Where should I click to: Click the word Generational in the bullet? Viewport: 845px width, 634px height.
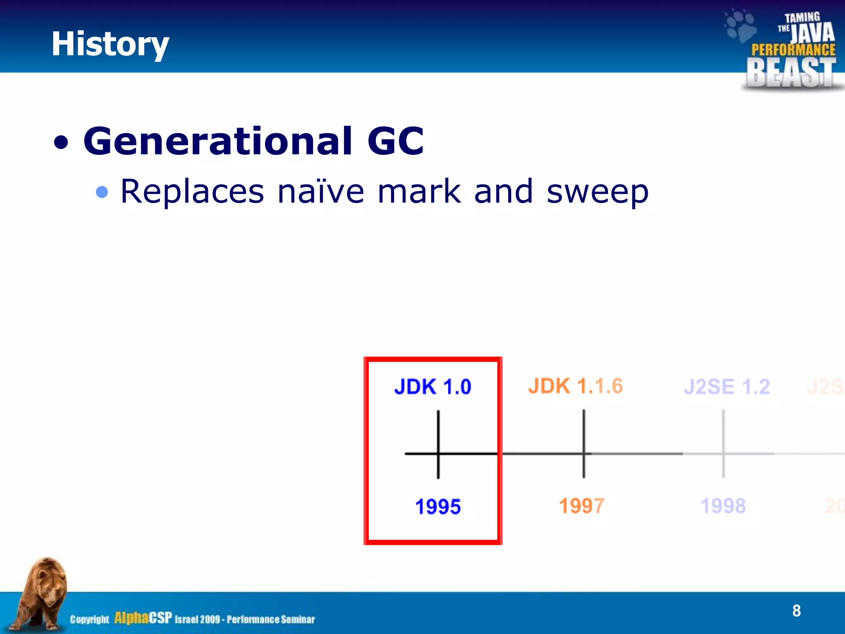[x=218, y=141]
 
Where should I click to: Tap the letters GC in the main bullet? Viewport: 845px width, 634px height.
[x=395, y=141]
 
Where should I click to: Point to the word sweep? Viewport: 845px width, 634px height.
[x=597, y=192]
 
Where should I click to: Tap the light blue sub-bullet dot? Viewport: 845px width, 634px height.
[x=102, y=192]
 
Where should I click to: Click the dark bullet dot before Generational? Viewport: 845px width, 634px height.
[x=61, y=143]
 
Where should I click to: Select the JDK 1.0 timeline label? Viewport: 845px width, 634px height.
[x=432, y=387]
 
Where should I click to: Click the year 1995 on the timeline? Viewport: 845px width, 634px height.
[x=438, y=506]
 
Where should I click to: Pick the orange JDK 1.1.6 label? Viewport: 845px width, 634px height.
[x=575, y=386]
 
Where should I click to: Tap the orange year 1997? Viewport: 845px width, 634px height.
[x=581, y=506]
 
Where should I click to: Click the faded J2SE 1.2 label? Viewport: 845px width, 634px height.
[x=727, y=387]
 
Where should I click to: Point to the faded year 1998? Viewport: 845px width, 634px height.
[x=723, y=506]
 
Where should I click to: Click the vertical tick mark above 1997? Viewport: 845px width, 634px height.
[x=583, y=429]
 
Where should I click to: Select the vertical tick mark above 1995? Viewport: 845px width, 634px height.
[x=438, y=429]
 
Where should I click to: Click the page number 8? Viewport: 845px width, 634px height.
[x=796, y=610]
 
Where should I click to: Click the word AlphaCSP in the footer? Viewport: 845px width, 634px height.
[x=143, y=618]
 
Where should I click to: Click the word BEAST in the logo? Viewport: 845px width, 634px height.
[x=791, y=73]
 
